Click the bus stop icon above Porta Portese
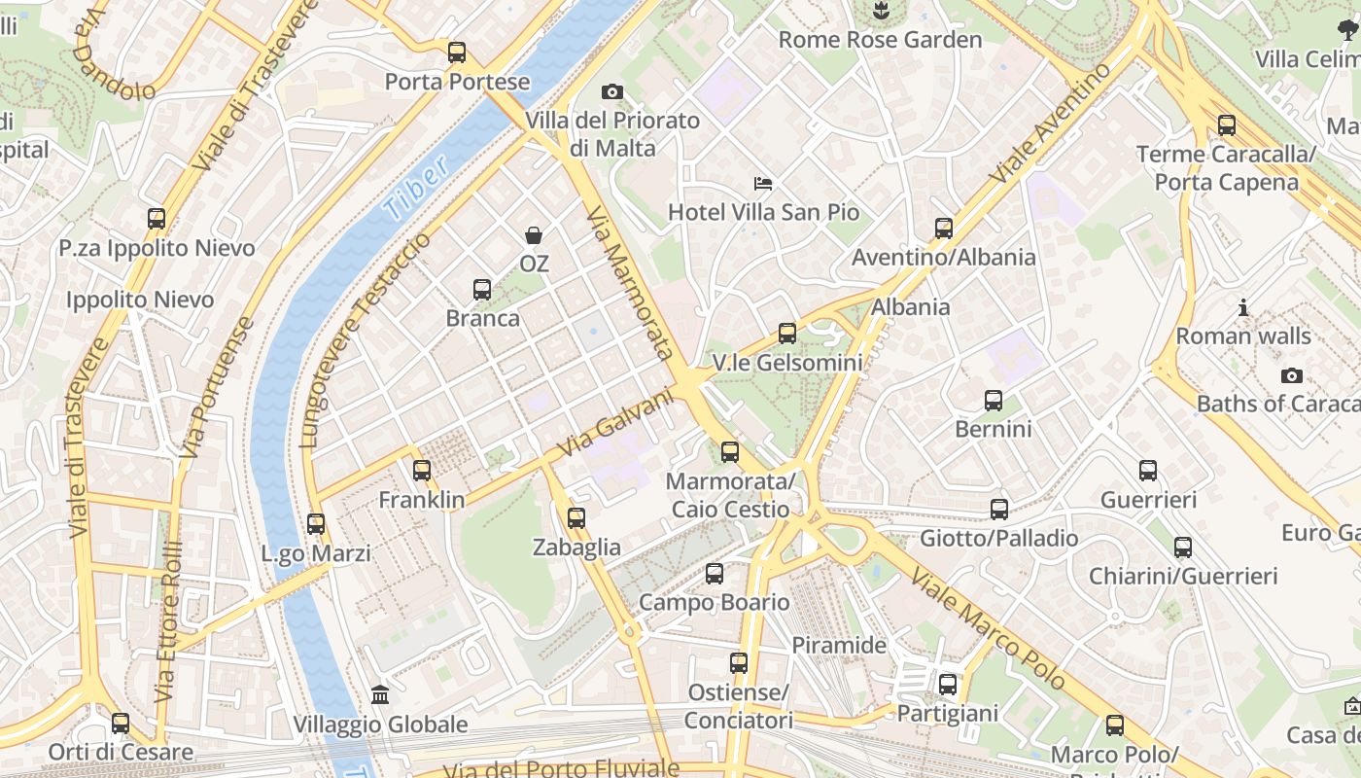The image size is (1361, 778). [457, 53]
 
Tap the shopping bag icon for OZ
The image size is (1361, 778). [534, 234]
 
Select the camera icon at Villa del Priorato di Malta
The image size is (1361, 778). [611, 92]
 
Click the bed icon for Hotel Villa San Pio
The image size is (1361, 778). [763, 183]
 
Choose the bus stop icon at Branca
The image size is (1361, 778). [482, 289]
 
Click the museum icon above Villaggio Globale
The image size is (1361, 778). [380, 695]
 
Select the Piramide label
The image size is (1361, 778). [839, 645]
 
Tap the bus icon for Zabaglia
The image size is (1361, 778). [576, 518]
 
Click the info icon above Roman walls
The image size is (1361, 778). [1243, 308]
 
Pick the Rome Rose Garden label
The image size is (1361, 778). [881, 40]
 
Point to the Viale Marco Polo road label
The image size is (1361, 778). [988, 629]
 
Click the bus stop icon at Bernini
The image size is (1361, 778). [993, 401]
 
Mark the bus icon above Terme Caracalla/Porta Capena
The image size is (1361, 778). [1226, 125]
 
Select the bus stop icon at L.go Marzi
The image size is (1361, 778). [316, 524]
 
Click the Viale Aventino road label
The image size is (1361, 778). [1050, 124]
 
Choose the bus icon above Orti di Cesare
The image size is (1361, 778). [121, 724]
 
